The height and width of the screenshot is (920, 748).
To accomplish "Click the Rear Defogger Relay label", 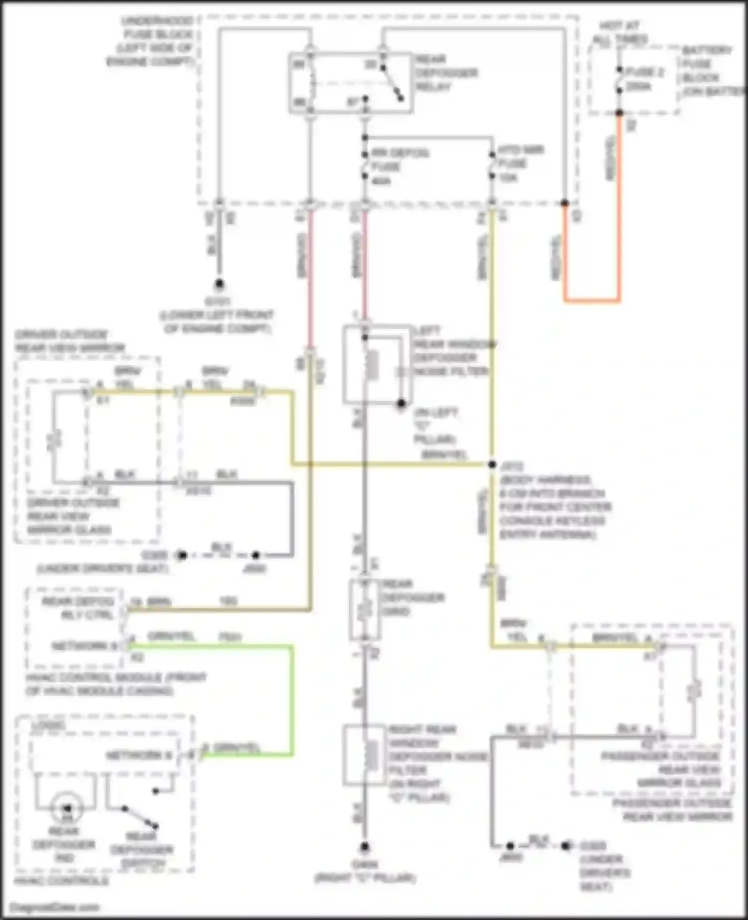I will pyautogui.click(x=446, y=73).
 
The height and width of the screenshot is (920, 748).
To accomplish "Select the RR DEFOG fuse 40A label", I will pyautogui.click(x=399, y=166).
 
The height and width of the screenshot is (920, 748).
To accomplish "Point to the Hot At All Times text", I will pyautogui.click(x=620, y=32).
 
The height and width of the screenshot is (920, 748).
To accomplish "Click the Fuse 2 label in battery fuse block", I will pyautogui.click(x=644, y=73).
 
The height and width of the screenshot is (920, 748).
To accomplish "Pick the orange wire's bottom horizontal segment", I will pyautogui.click(x=592, y=301).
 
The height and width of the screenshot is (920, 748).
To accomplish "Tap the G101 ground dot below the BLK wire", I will pyautogui.click(x=219, y=284).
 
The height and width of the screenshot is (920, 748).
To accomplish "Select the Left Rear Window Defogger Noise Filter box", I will pyautogui.click(x=377, y=364).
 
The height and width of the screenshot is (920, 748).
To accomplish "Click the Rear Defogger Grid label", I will pyautogui.click(x=413, y=597).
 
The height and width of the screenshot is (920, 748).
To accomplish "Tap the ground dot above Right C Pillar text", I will pyautogui.click(x=365, y=847).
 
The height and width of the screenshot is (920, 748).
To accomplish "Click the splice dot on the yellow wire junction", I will pyautogui.click(x=492, y=464).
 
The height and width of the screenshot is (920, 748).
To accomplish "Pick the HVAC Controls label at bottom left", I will pyautogui.click(x=61, y=881).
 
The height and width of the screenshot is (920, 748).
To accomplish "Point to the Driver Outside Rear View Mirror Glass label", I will pyautogui.click(x=70, y=516).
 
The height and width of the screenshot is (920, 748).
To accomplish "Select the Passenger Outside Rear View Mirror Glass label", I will pyautogui.click(x=660, y=769).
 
